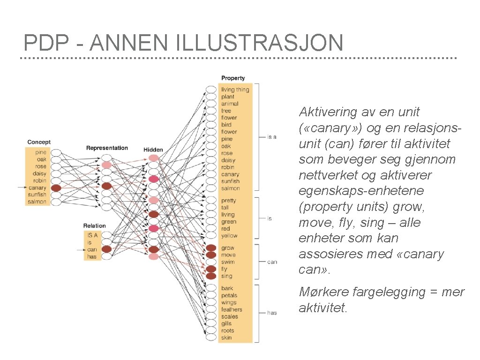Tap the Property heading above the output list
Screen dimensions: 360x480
233,78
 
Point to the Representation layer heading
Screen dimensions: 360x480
107,148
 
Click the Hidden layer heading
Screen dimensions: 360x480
153,150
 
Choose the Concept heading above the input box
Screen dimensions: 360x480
39,142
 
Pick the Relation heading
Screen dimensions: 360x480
94,225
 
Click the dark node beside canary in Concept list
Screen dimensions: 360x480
56,187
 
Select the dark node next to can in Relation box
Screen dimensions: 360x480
106,249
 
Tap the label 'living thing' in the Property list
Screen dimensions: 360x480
235,90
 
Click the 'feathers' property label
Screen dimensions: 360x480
232,309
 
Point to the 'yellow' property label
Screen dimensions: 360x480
229,236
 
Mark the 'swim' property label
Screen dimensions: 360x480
228,262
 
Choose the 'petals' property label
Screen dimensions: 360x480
229,295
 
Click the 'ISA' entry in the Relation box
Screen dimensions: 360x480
92,235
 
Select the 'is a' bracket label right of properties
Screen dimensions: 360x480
271,137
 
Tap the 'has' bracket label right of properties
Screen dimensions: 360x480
272,313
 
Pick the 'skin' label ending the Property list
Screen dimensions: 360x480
226,337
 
